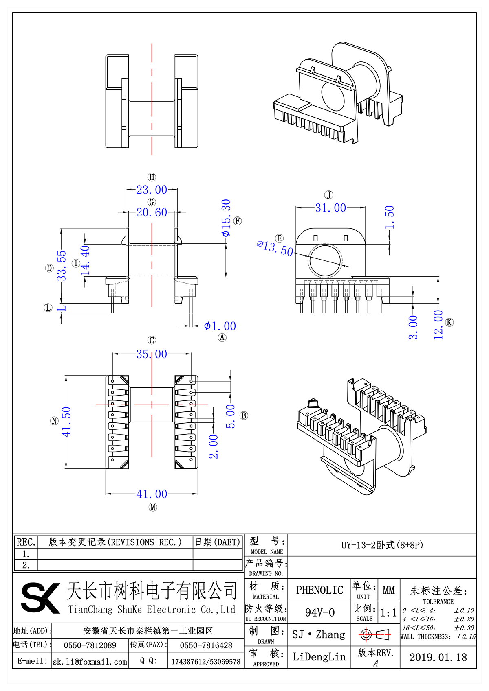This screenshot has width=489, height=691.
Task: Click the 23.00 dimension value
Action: tap(152, 190)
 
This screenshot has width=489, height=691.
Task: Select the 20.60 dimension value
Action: tap(152, 212)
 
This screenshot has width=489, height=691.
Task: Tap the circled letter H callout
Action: tap(152, 177)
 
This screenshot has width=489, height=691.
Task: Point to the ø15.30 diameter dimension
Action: tap(226, 218)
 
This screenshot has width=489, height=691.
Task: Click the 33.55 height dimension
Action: tap(61, 266)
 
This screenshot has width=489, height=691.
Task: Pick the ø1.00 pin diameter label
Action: tap(220, 326)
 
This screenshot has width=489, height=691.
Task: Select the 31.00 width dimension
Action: tap(330, 208)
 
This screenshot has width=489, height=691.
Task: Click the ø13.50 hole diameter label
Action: tap(275, 248)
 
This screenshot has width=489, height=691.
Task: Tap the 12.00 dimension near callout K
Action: tap(438, 325)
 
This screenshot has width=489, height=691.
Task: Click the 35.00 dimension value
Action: tap(152, 354)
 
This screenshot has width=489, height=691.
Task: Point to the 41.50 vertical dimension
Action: tap(66, 422)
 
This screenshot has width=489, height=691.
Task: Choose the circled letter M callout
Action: tap(153, 507)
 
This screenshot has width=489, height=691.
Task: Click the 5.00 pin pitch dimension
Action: tap(231, 416)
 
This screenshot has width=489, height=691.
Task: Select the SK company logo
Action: tap(40, 597)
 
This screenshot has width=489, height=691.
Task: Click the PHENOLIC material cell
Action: tap(319, 590)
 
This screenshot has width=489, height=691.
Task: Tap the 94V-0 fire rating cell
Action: tap(319, 612)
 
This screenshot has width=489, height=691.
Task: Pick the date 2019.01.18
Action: tap(438, 658)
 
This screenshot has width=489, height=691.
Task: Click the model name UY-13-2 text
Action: tap(382, 545)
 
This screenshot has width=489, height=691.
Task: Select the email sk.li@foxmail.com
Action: tap(90, 662)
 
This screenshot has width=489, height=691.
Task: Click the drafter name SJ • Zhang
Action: tap(319, 634)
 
